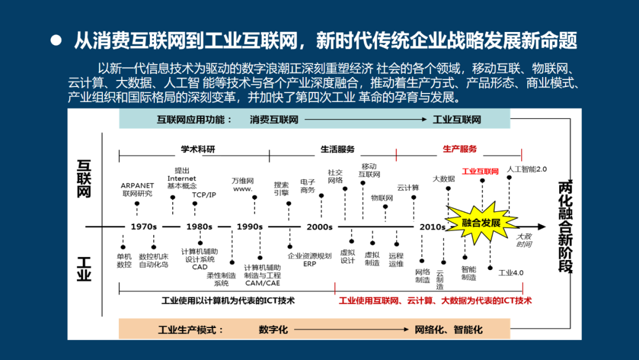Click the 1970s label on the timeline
point(144,227)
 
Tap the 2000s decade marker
point(319,227)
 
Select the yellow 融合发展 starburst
point(481,223)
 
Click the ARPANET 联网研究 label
point(137,189)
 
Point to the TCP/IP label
point(204,195)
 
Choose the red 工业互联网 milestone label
point(480,172)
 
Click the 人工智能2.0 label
point(527,169)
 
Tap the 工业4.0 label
point(511,273)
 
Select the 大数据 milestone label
point(444,178)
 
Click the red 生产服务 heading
point(460,149)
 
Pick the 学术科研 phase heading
point(198,149)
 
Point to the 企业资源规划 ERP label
point(309,259)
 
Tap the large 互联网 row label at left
point(84,177)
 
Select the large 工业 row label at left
point(84,268)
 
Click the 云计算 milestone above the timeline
point(408,188)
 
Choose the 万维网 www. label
point(243,185)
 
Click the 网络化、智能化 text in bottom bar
point(448,329)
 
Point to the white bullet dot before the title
point(56,40)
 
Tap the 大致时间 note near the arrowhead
point(524,240)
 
